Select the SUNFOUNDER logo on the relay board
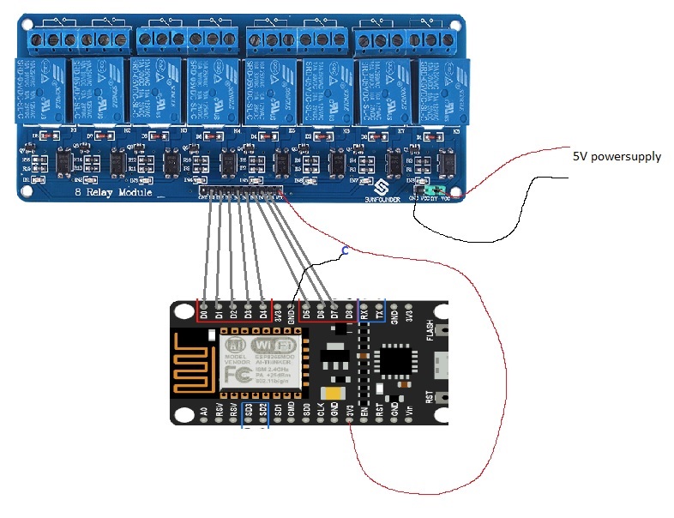click(x=384, y=191)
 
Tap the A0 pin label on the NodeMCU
click(x=204, y=412)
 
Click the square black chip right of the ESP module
click(x=396, y=361)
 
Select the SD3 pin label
click(x=248, y=412)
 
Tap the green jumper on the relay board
click(x=439, y=190)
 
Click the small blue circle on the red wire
click(x=345, y=250)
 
